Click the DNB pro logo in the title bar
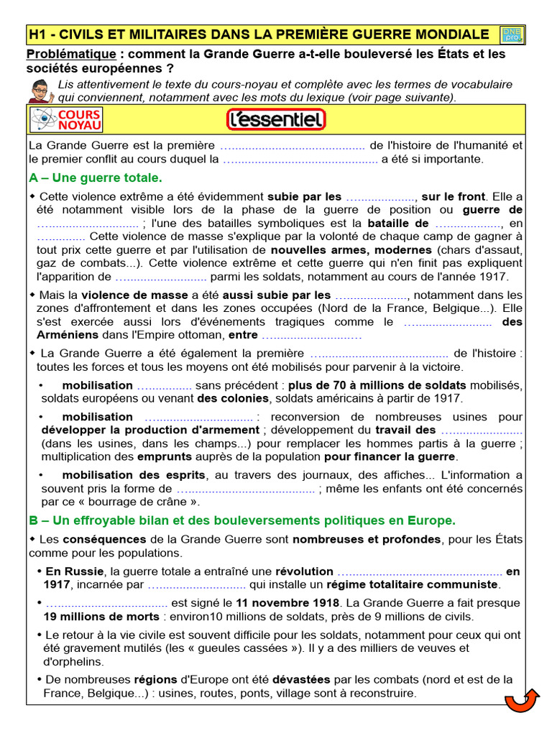512,34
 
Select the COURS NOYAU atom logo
65,119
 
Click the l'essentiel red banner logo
276,119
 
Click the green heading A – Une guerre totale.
96,177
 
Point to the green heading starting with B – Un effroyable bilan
242,520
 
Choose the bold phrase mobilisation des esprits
143,475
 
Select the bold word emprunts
165,456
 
